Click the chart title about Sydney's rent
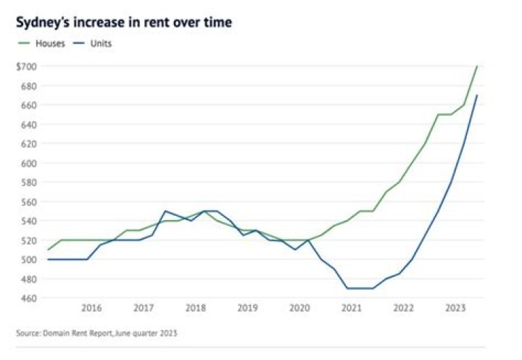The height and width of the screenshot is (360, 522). click(x=124, y=22)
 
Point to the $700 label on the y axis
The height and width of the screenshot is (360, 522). click(x=26, y=67)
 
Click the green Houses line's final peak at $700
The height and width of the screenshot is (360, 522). click(x=476, y=67)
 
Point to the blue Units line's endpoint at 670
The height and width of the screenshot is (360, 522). click(x=476, y=96)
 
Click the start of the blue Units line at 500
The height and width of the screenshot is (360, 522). click(x=49, y=259)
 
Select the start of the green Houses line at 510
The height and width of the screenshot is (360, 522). click(x=49, y=250)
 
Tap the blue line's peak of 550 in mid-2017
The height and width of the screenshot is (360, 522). click(x=165, y=211)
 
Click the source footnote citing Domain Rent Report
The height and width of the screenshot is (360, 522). click(x=96, y=334)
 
